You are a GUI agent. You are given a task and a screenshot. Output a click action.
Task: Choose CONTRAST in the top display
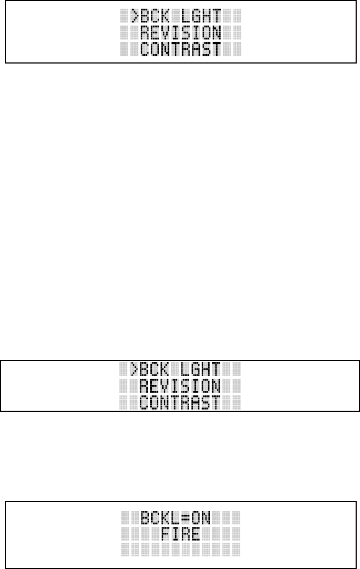click(180, 49)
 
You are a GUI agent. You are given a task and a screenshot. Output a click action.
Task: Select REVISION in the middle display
click(180, 386)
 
